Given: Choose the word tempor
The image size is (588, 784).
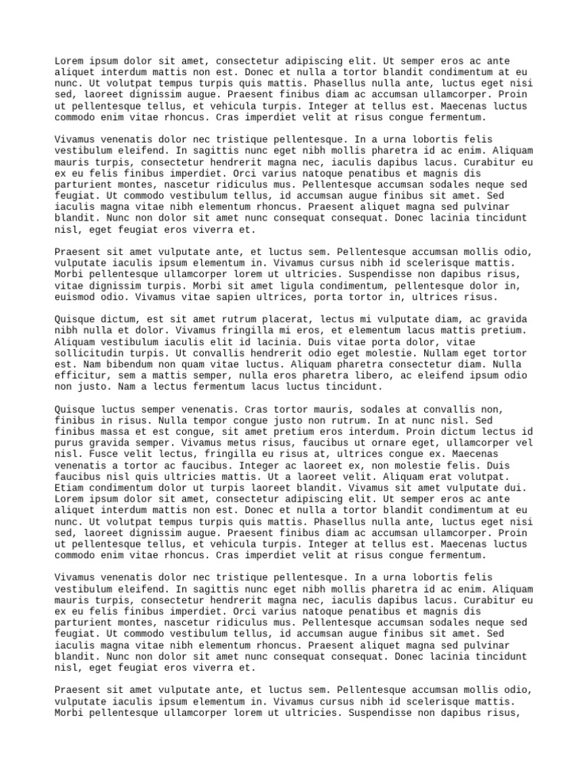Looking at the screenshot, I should click(x=188, y=421).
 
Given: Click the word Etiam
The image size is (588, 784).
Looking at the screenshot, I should click(x=70, y=488).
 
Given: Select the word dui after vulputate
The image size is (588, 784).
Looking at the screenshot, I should click(x=515, y=488).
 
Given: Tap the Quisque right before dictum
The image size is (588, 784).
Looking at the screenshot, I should click(x=78, y=319).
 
